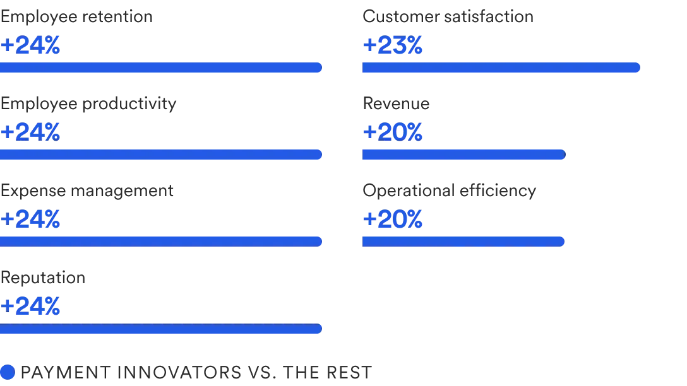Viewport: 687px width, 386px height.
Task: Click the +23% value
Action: (393, 46)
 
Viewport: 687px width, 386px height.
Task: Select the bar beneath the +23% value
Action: (500, 68)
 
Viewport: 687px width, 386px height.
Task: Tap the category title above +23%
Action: (448, 17)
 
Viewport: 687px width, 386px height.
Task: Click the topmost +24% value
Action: (30, 46)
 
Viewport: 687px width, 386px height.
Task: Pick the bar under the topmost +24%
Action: (161, 68)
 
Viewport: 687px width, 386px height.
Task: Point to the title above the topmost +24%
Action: (77, 17)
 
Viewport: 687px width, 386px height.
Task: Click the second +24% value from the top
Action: (30, 132)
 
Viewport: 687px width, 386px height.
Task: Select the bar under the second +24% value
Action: (161, 155)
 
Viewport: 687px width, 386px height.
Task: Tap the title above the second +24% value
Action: (88, 103)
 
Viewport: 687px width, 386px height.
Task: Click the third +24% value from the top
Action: (30, 219)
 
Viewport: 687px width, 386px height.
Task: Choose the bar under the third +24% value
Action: (161, 240)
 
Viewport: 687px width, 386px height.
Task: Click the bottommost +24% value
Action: (30, 307)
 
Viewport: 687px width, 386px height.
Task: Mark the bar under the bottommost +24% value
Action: (161, 329)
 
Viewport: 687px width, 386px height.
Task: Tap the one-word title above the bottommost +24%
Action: (42, 278)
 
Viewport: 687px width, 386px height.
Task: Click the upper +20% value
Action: (393, 132)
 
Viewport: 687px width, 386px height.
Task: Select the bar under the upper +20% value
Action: (462, 155)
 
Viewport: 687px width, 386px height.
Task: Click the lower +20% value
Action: (393, 219)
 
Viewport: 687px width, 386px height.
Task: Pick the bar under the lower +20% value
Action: (462, 240)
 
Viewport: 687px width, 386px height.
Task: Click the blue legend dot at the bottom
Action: (7, 371)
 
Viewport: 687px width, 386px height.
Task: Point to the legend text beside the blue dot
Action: (196, 371)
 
